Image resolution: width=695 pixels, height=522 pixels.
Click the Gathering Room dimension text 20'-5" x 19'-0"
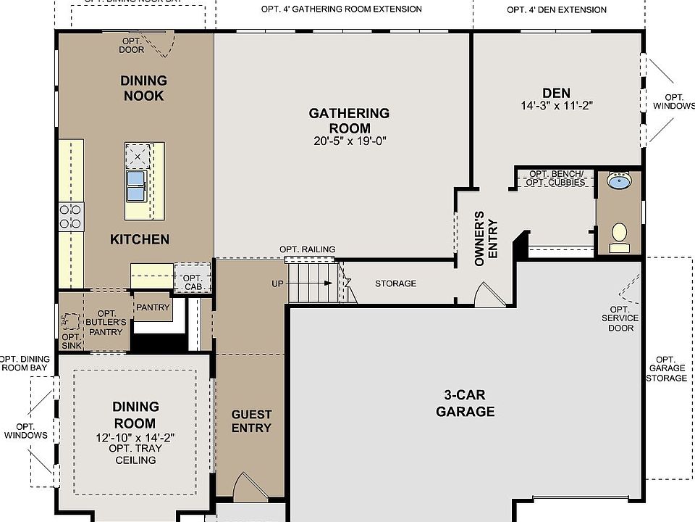pyautogui.click(x=349, y=141)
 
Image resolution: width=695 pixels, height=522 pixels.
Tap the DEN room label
pyautogui.click(x=556, y=93)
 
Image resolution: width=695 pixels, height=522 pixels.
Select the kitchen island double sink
pyautogui.click(x=137, y=186)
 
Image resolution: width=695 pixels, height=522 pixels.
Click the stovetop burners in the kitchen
pyautogui.click(x=71, y=216)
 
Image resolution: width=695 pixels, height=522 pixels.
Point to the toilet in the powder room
pyautogui.click(x=619, y=236)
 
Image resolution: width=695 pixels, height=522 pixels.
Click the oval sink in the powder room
pyautogui.click(x=618, y=181)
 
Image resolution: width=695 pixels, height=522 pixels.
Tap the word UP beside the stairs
pyautogui.click(x=278, y=283)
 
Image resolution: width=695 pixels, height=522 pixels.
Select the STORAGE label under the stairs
pyautogui.click(x=395, y=283)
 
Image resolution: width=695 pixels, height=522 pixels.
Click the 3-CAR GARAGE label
pyautogui.click(x=466, y=403)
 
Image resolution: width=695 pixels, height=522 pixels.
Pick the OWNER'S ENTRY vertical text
pyautogui.click(x=485, y=239)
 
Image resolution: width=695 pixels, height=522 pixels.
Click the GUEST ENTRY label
pyautogui.click(x=251, y=421)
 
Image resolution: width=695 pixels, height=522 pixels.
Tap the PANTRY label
pyautogui.click(x=153, y=307)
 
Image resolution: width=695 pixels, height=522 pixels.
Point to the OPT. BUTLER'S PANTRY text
pyautogui.click(x=106, y=322)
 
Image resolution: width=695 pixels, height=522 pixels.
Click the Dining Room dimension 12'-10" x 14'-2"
pyautogui.click(x=135, y=438)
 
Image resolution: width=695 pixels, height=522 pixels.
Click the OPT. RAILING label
pyautogui.click(x=308, y=249)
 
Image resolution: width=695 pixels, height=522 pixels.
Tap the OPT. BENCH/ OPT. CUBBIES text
pyautogui.click(x=557, y=178)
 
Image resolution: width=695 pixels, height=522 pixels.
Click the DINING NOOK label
pyautogui.click(x=143, y=88)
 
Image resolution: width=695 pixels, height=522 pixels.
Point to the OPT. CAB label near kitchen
pyautogui.click(x=192, y=283)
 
